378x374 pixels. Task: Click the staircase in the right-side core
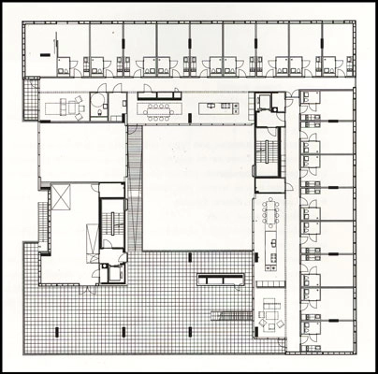(x=271, y=151)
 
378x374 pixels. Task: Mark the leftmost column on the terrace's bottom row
(x=59, y=328)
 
